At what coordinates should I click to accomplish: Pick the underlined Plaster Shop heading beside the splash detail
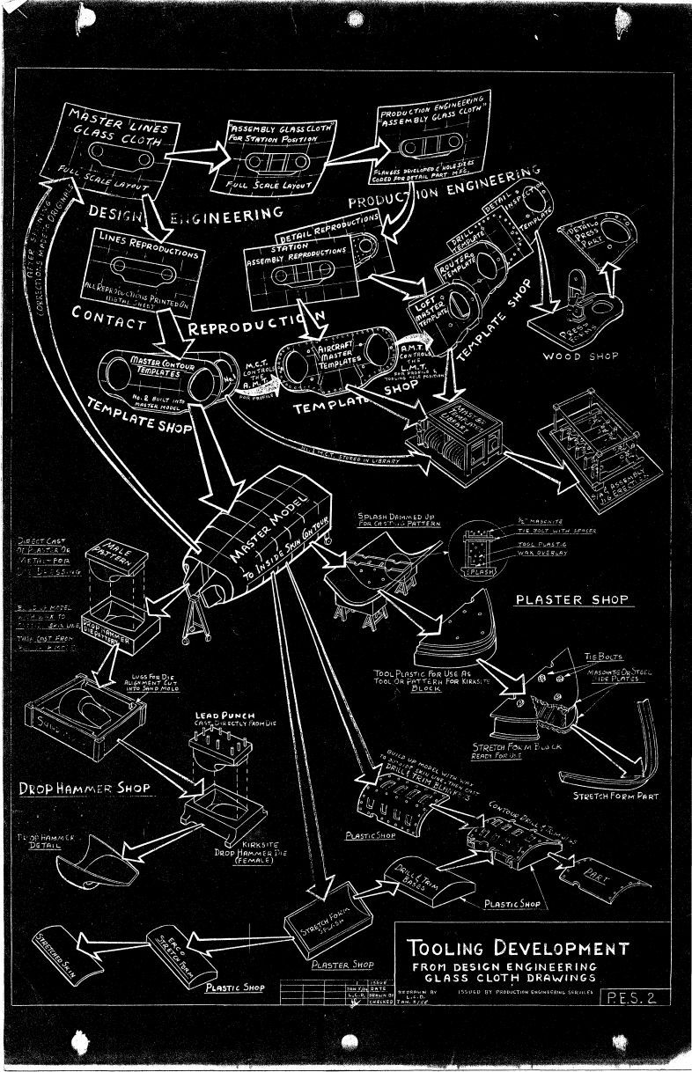[x=571, y=600]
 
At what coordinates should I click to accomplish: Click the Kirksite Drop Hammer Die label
[x=239, y=852]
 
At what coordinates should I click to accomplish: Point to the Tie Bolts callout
[x=602, y=657]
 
